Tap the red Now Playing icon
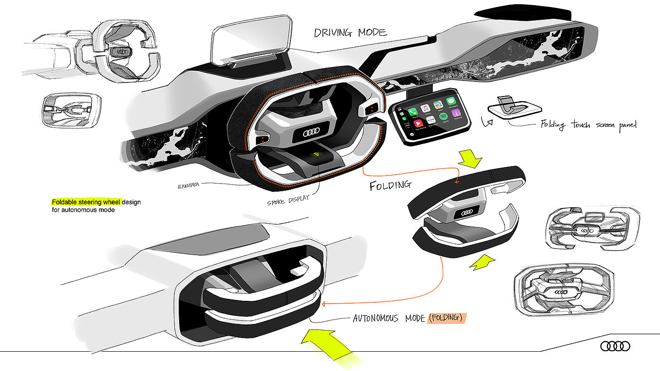coord(418,123)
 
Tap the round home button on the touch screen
coord(412,134)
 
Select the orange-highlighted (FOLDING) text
coord(446,318)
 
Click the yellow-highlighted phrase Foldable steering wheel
coord(86,202)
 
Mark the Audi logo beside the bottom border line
coord(615,347)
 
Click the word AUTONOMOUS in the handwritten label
coord(376,319)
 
